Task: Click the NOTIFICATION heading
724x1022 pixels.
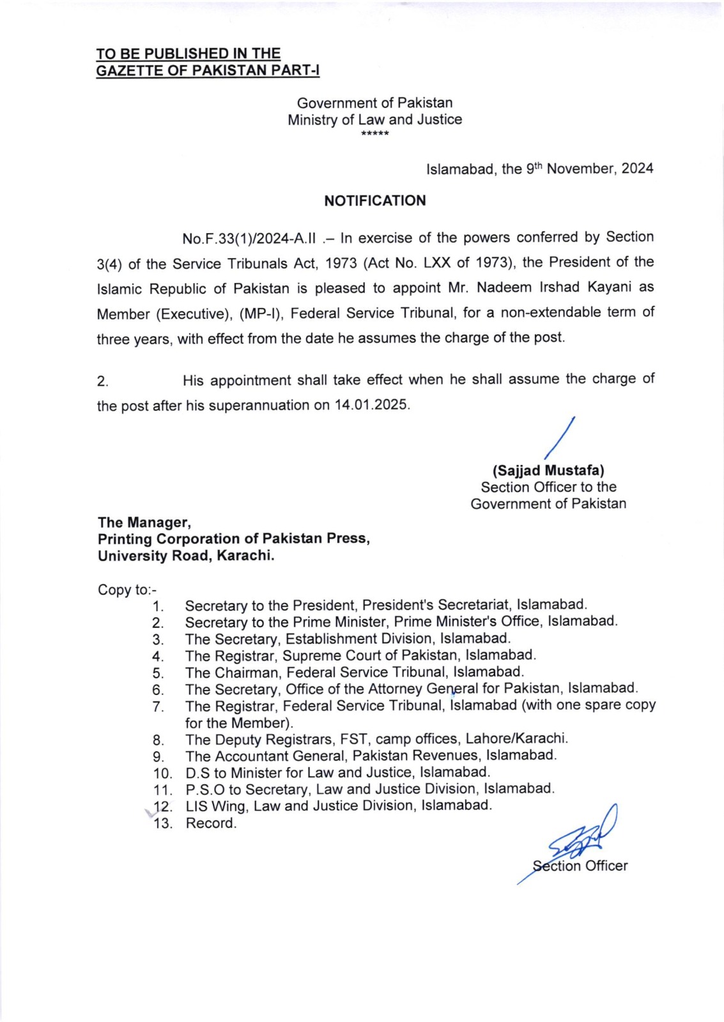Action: [x=374, y=201]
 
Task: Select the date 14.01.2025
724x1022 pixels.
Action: [x=371, y=405]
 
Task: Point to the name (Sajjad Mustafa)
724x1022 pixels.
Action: [x=548, y=471]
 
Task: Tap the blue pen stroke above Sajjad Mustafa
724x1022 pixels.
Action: [x=560, y=438]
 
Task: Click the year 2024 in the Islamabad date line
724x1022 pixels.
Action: [x=637, y=169]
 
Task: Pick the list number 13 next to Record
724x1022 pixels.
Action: [x=163, y=823]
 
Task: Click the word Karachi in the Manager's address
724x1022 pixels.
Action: [x=245, y=556]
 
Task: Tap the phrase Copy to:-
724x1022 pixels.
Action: [x=127, y=590]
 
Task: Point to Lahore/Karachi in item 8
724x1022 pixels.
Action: [x=516, y=739]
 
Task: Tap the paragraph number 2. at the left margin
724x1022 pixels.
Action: [x=102, y=382]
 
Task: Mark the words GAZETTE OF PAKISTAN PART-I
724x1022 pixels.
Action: [x=208, y=70]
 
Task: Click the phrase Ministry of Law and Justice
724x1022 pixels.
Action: [x=374, y=119]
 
